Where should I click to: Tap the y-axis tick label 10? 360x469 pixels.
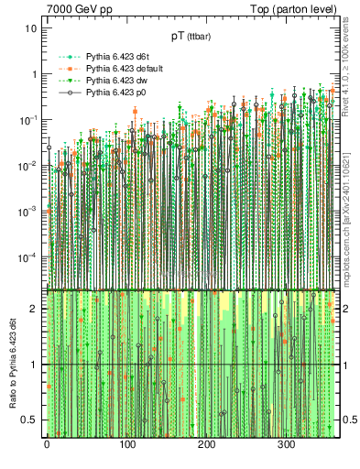pos(31,28)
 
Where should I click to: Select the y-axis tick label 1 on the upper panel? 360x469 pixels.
pos(34,74)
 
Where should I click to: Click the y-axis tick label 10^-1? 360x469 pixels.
pos(27,120)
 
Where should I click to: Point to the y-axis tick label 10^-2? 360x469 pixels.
pos(27,166)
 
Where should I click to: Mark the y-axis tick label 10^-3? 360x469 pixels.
pos(27,211)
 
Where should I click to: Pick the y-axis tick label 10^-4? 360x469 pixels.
pos(27,256)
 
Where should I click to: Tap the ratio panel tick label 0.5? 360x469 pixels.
pos(30,420)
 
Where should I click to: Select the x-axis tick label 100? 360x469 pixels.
pos(126,444)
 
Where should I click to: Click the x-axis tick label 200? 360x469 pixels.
pos(206,444)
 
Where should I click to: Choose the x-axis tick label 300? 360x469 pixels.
pos(286,444)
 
